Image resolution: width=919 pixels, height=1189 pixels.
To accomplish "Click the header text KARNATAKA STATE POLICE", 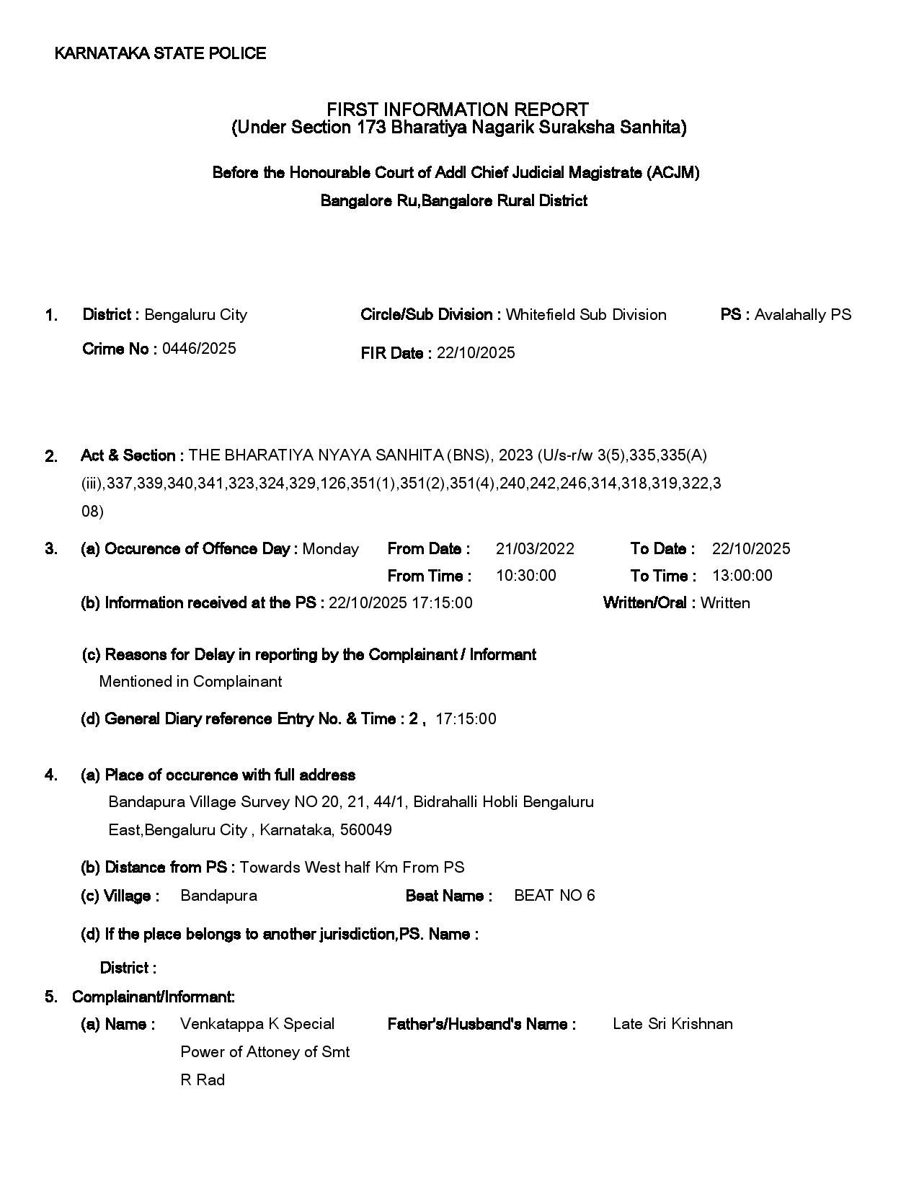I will [160, 53].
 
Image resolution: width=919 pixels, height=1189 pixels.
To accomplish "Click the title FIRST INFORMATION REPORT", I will [458, 110].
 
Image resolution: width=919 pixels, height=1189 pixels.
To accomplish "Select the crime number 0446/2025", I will [199, 349].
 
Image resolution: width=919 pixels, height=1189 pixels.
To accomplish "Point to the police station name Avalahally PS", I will [802, 315].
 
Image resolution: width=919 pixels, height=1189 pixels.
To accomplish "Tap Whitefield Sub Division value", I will [585, 315].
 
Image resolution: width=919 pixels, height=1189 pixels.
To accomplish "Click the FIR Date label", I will [396, 353].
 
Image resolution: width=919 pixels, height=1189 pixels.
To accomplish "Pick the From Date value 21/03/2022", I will [535, 549].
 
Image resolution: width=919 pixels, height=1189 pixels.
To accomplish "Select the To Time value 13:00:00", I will [742, 576].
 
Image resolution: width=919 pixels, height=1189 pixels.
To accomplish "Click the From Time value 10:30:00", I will [525, 576].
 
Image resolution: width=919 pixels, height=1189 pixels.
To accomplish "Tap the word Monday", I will [330, 549].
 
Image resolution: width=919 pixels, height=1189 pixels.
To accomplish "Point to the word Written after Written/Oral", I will [724, 603].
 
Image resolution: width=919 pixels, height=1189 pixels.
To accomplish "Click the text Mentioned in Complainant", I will [190, 682].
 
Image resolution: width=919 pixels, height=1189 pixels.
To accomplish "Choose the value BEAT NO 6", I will [554, 896].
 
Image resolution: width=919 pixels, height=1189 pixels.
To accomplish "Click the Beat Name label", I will [448, 896].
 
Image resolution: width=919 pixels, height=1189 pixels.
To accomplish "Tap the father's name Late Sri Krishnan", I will [672, 1024].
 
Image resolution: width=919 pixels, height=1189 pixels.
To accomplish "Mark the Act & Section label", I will [133, 455].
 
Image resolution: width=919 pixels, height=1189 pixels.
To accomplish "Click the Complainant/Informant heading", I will [153, 997].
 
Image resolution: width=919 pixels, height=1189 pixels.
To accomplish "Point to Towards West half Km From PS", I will [352, 868].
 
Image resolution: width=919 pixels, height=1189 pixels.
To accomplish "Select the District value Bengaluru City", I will [195, 315].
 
